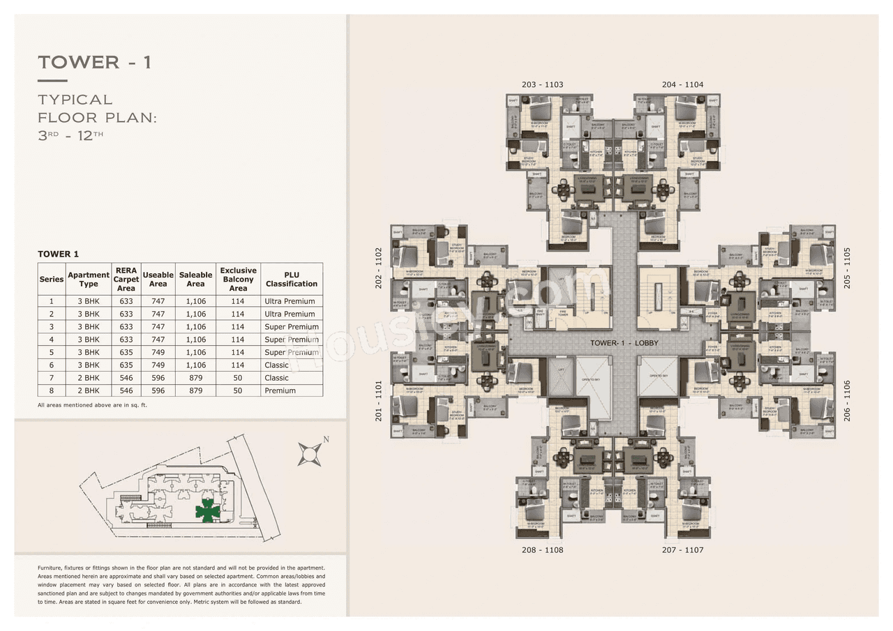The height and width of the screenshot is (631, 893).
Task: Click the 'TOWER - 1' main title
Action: pos(95,62)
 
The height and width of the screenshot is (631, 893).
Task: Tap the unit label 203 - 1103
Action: pos(542,84)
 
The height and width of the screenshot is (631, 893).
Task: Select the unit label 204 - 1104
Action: pos(682,84)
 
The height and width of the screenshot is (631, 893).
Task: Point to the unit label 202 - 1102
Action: pos(379,268)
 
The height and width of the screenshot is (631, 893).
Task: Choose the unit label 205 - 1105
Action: pos(848,268)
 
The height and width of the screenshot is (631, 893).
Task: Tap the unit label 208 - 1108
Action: pos(542,550)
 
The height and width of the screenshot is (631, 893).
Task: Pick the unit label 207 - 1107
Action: pos(682,550)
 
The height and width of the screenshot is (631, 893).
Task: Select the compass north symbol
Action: pos(309,453)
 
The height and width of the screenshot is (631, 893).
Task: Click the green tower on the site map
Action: pos(207,511)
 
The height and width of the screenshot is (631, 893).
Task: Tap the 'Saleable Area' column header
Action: pos(195,279)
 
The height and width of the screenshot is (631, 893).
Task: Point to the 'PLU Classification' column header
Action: pos(292,279)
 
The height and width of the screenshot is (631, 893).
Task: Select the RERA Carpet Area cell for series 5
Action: pos(126,352)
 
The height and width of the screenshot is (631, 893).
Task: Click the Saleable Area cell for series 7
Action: pos(195,378)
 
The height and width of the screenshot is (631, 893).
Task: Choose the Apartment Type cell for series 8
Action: pos(89,390)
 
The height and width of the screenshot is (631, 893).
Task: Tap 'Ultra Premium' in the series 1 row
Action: pos(290,301)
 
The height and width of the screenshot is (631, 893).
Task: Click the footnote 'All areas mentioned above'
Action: pos(92,405)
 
